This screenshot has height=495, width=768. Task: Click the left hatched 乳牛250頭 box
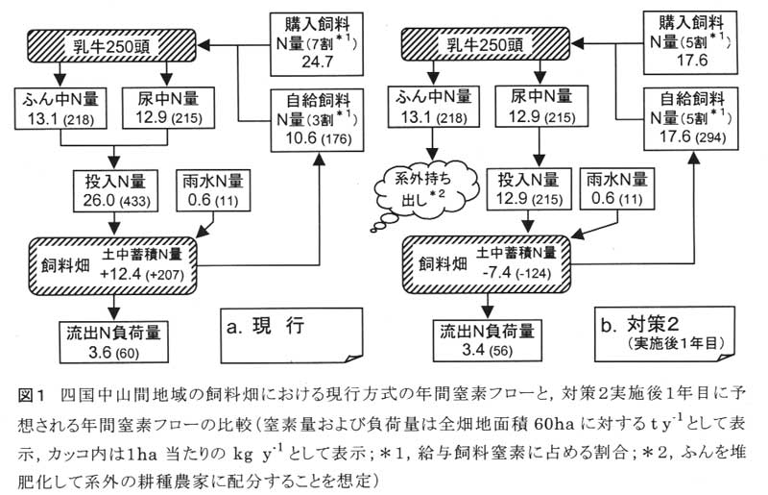pyautogui.click(x=111, y=45)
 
